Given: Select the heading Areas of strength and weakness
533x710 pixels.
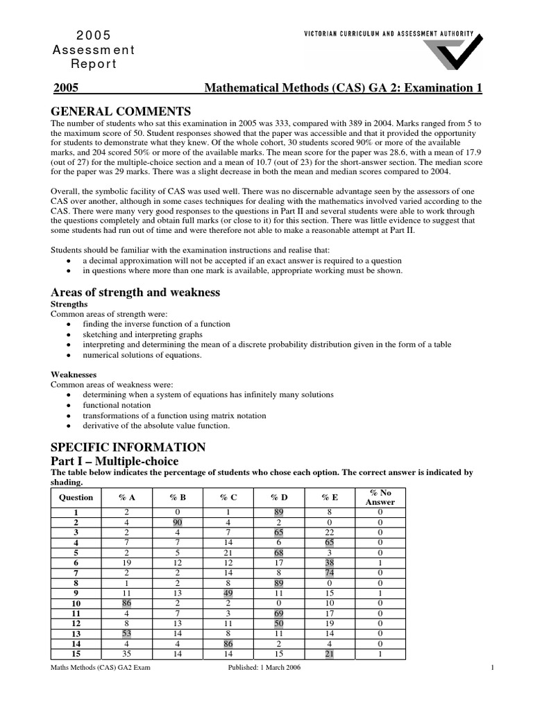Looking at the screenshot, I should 136,292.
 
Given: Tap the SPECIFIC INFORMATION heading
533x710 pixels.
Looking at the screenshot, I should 129,447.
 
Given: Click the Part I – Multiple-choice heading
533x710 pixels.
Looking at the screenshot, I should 115,460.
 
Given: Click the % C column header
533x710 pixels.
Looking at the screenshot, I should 228,497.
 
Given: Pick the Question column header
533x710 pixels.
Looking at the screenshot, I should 76,497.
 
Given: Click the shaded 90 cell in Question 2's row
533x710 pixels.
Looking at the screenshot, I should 177,521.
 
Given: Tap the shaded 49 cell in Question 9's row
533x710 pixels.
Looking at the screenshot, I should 228,594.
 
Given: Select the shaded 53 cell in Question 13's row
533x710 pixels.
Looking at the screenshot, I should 126,634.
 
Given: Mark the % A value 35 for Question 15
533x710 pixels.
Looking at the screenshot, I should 126,655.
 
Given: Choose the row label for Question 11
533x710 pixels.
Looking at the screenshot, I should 76,614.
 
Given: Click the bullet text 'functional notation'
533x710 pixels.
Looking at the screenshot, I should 117,405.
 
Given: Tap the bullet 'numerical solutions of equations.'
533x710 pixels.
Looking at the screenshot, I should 142,355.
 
